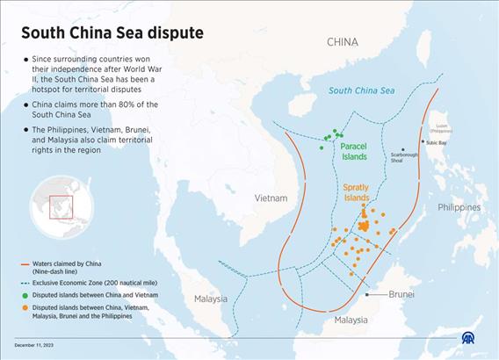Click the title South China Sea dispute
(112, 33)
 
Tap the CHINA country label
(343, 41)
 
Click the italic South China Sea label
(361, 91)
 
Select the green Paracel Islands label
(353, 151)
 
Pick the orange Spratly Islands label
(356, 192)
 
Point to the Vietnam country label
(271, 198)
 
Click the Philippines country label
(459, 207)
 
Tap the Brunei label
(401, 295)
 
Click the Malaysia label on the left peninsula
(211, 299)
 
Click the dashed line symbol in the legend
(25, 282)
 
